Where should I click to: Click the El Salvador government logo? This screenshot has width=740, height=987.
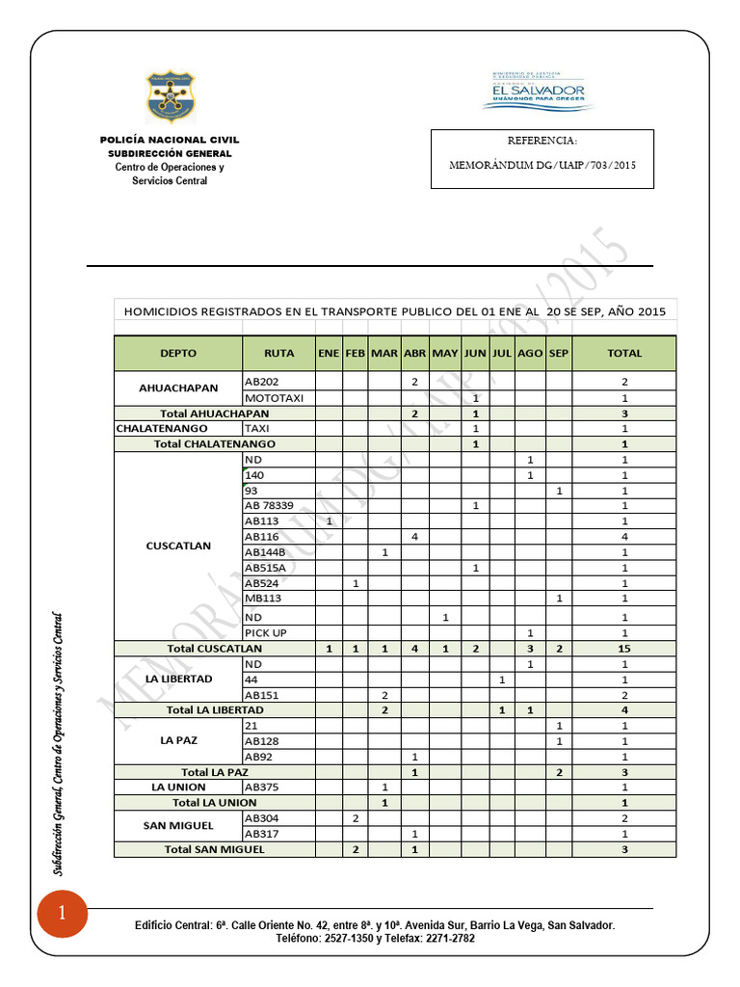coord(538,92)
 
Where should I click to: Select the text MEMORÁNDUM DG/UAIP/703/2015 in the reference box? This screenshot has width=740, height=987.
coord(542,165)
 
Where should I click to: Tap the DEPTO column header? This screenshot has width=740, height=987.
coord(178,353)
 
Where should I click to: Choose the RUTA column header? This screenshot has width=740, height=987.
coord(279,353)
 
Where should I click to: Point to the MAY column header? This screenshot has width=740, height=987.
coord(445,353)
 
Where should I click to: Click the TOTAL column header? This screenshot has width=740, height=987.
coord(624,353)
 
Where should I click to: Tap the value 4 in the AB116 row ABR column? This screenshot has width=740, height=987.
coord(414,536)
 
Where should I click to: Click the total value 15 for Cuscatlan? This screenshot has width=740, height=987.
coord(624,649)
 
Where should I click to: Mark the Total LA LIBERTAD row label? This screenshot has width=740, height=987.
coord(215,709)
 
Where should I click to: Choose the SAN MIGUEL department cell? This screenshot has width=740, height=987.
coord(178,826)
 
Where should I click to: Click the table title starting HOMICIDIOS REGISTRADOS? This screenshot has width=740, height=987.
coord(394,310)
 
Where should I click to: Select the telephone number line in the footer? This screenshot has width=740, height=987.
coord(375,938)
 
